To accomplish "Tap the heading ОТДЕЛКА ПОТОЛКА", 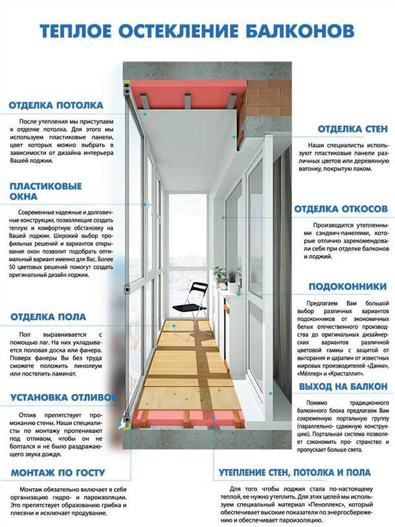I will coord(56,106).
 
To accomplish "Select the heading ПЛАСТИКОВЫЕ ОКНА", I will coord(45,191).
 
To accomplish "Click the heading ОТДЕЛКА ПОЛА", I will coord(48,317).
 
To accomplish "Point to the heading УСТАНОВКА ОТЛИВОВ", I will coord(63,397).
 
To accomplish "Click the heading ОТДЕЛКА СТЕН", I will coord(352,130).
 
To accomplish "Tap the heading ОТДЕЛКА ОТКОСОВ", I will coord(341,209).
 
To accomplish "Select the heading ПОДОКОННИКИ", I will coord(347,287).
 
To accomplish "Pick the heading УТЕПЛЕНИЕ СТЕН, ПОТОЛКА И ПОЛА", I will coord(295,473).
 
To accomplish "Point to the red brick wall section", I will coord(267,97).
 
